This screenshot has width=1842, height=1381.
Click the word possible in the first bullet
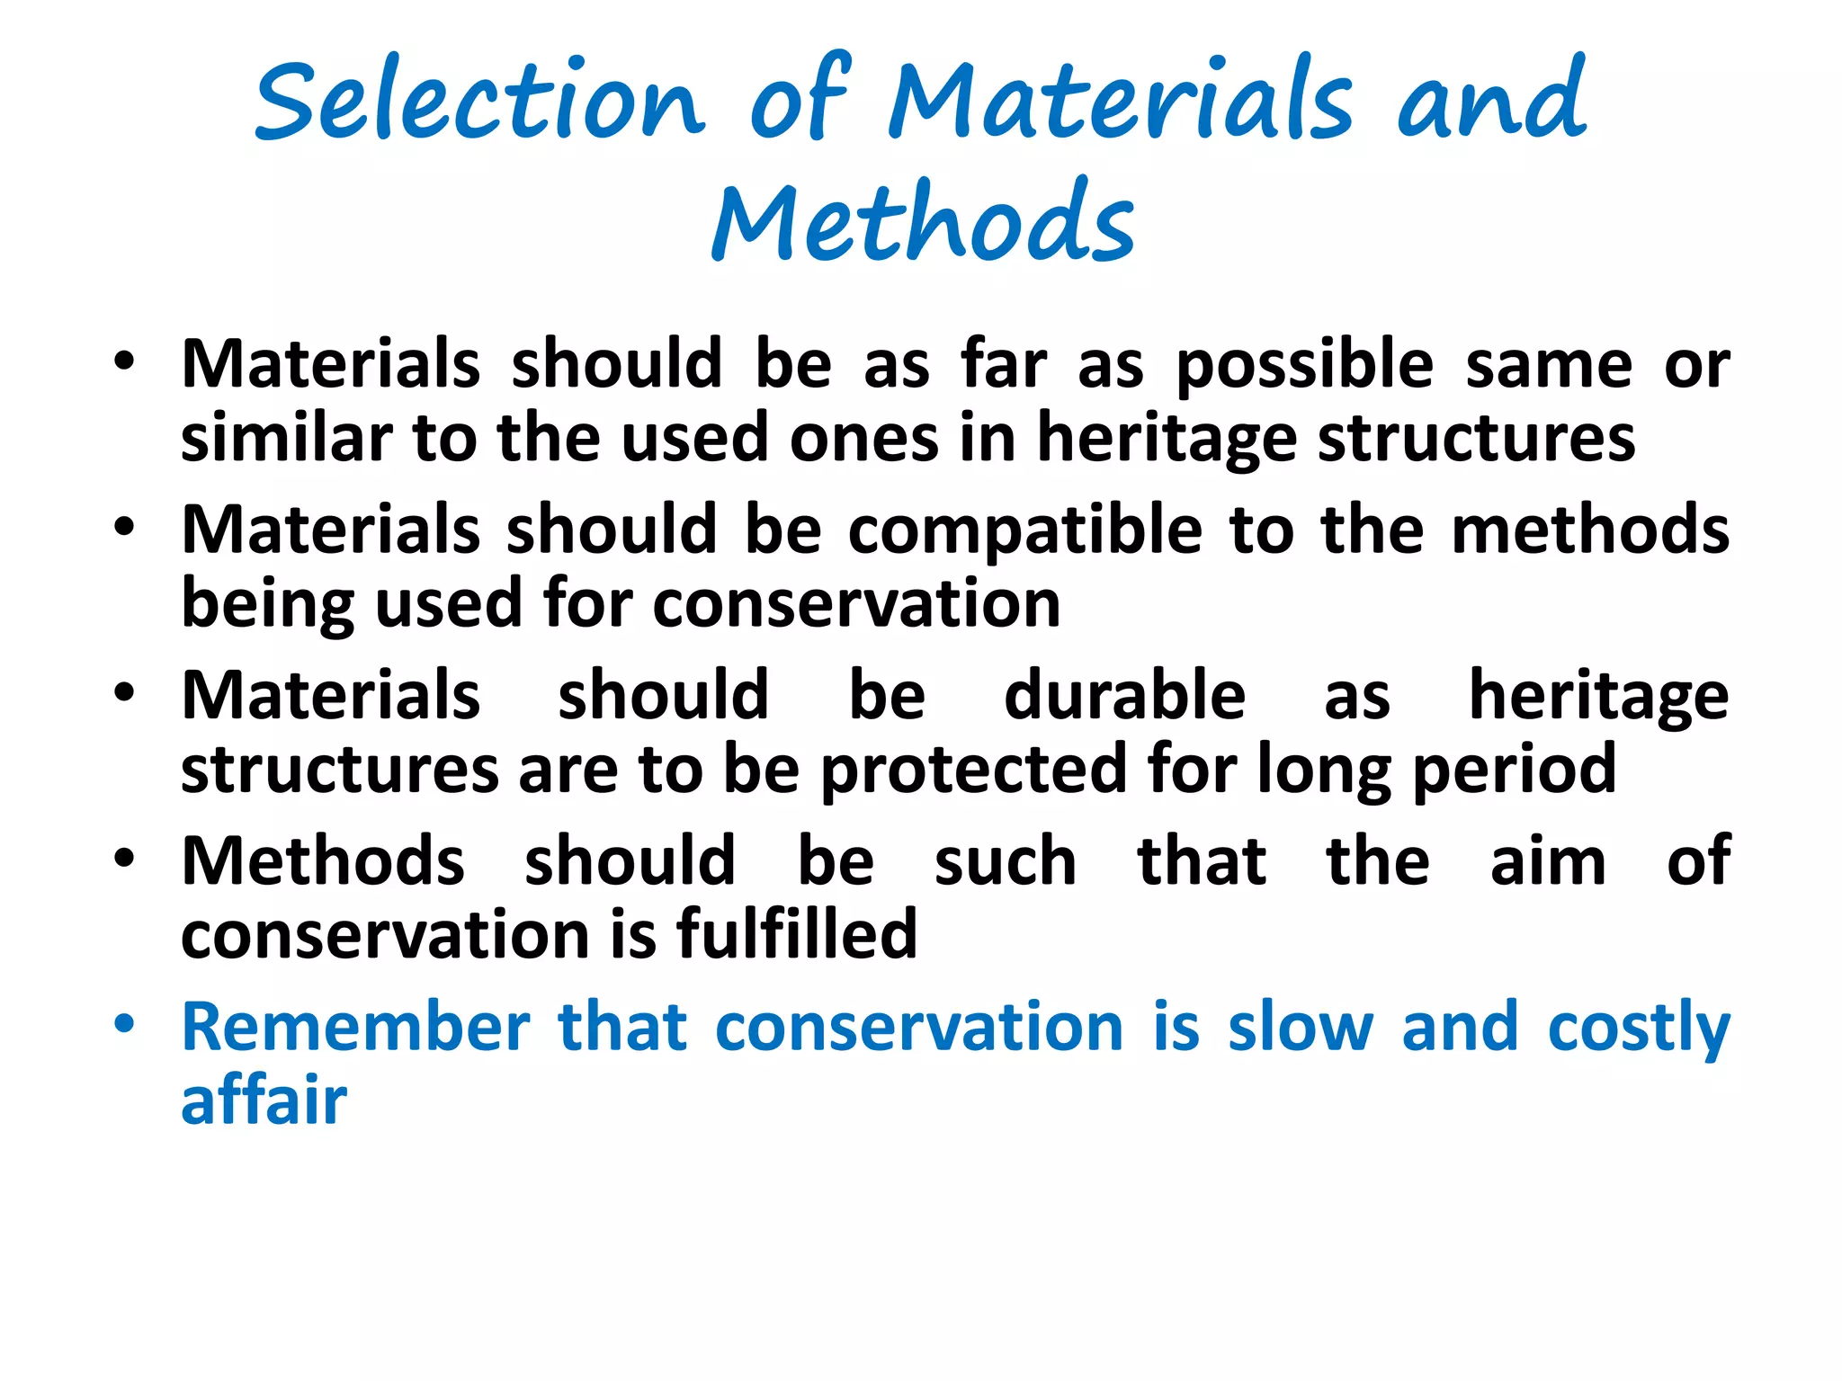1304,365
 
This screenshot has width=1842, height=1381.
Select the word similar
286,438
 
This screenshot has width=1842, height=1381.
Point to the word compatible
1025,530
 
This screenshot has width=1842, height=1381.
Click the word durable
1124,696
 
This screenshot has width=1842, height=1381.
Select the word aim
1548,861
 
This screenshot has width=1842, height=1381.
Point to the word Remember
356,1027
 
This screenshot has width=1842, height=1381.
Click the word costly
1639,1029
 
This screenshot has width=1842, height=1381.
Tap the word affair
264,1100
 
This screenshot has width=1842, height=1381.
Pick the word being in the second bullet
268,605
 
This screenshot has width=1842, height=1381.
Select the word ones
863,438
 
